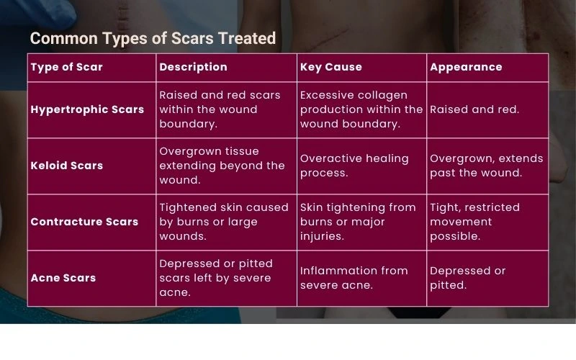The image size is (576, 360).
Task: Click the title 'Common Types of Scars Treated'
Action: tap(153, 39)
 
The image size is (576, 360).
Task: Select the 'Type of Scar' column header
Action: tap(66, 67)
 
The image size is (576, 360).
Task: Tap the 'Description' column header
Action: tap(193, 67)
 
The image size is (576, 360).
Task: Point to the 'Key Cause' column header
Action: tap(331, 67)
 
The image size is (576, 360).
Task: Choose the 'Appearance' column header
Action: tap(466, 67)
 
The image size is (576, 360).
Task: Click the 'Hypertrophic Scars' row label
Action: tap(87, 109)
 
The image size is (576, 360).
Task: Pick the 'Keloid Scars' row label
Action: tap(66, 166)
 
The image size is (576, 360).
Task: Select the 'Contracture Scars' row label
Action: tap(84, 222)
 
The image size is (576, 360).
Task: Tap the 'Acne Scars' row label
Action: tap(63, 278)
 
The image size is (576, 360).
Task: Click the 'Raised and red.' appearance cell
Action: tap(474, 109)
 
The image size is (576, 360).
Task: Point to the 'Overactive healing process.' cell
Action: tap(354, 166)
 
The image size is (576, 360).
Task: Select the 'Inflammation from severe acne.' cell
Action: tap(354, 278)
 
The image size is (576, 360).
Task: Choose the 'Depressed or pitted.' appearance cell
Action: tap(467, 278)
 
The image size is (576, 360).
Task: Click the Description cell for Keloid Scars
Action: tap(222, 166)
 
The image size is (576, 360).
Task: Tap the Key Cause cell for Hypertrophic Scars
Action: tap(361, 109)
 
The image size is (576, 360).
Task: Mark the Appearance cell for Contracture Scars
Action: tap(474, 222)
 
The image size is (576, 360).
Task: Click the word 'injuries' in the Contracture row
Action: tap(322, 236)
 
